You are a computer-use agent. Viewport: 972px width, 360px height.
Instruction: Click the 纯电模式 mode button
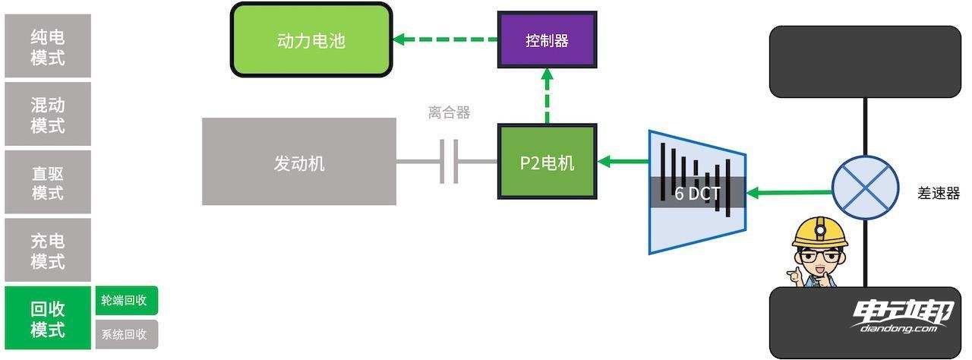pos(47,46)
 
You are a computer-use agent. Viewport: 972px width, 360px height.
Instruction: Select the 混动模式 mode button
pos(47,114)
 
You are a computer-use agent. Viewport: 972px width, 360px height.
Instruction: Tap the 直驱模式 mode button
pos(47,182)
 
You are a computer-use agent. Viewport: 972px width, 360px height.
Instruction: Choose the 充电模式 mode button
pos(47,251)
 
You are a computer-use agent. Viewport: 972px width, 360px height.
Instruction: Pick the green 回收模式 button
pos(47,319)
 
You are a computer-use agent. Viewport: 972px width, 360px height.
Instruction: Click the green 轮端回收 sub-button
pos(126,300)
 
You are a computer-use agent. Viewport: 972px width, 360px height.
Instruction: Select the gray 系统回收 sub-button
pos(126,334)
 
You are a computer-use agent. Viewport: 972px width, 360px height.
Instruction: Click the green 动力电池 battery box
pos(311,39)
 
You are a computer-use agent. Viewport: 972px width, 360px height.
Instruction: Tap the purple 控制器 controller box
pos(547,40)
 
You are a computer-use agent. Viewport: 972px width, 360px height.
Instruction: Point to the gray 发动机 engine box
pos(299,162)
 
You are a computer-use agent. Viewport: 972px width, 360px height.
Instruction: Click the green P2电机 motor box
pos(547,162)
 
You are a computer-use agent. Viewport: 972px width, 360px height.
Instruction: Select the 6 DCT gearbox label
pos(696,193)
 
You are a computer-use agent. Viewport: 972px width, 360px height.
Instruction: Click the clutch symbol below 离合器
pos(449,162)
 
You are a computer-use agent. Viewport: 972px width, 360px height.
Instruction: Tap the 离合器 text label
pos(449,113)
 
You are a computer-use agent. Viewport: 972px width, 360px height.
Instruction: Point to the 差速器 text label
pos(939,193)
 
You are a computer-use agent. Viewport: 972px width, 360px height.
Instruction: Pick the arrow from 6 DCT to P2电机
pos(623,161)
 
